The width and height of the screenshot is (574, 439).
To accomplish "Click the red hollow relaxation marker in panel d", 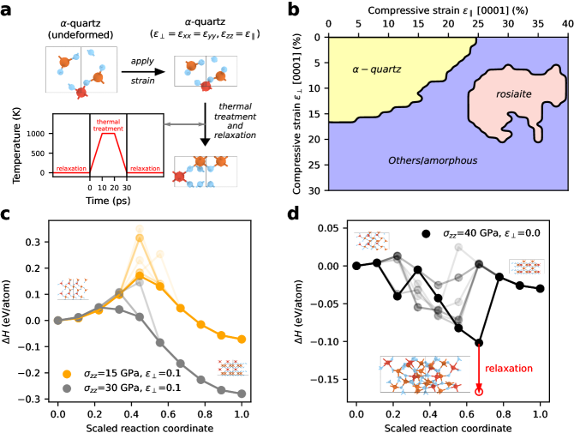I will pos(478,391).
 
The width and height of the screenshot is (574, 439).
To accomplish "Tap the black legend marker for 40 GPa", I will pos(426,233).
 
